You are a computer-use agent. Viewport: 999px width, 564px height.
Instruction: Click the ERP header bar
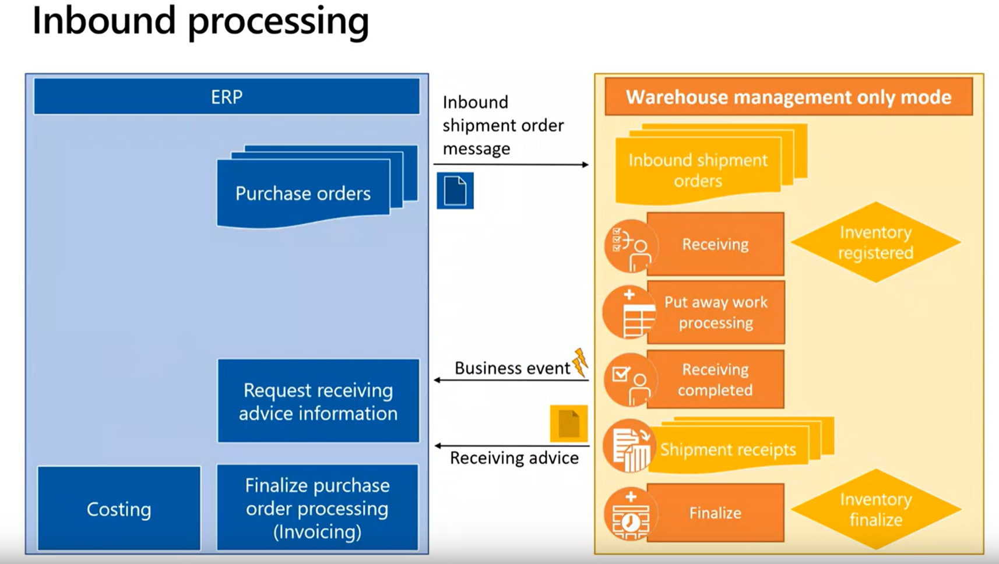click(x=227, y=97)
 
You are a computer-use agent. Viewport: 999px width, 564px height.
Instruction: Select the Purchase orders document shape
click(x=303, y=193)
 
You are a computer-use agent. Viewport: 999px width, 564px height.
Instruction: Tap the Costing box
click(x=119, y=509)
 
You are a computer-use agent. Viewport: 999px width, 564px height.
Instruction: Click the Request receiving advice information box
click(x=318, y=401)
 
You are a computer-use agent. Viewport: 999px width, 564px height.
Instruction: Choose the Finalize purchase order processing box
click(x=318, y=508)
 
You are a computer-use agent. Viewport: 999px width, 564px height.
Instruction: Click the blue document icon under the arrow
click(x=455, y=191)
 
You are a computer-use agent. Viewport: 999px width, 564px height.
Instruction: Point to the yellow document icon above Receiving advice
click(x=568, y=424)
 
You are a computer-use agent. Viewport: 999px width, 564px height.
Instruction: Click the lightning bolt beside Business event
click(x=580, y=362)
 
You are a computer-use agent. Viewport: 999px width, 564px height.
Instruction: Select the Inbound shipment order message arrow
click(x=511, y=165)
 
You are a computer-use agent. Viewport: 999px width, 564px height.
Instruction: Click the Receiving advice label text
click(x=514, y=459)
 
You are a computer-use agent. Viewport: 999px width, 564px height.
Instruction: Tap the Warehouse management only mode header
click(x=789, y=97)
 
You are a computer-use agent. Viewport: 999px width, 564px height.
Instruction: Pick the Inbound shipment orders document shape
click(x=698, y=170)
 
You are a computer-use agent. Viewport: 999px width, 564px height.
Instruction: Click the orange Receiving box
click(x=715, y=244)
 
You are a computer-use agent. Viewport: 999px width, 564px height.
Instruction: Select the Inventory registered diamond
click(x=875, y=242)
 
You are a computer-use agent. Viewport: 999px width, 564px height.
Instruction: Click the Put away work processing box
click(x=716, y=312)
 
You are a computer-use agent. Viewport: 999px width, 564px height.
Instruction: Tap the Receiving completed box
click(x=715, y=380)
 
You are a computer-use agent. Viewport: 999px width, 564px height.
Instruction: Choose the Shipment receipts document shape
click(x=729, y=449)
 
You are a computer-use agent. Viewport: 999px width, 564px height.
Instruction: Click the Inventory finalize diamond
click(x=875, y=509)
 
